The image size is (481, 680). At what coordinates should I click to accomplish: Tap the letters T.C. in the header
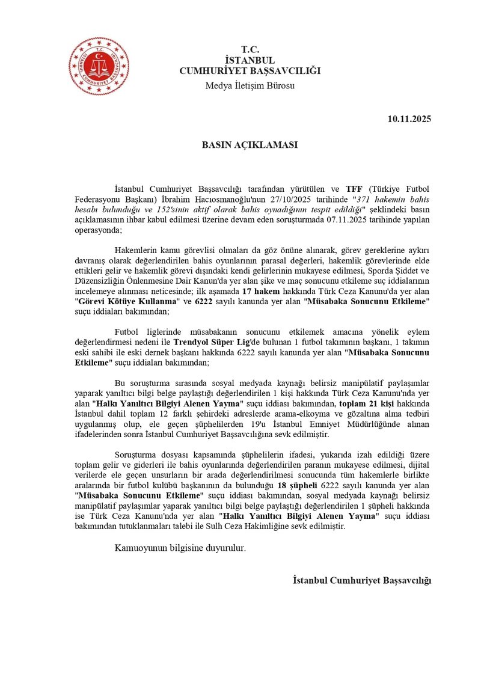250,49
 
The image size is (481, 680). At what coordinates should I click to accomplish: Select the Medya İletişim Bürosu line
250,85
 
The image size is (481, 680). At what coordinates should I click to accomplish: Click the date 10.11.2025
409,119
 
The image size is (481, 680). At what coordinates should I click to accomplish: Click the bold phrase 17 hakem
260,291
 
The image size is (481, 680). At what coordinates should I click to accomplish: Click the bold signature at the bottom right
362,580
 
